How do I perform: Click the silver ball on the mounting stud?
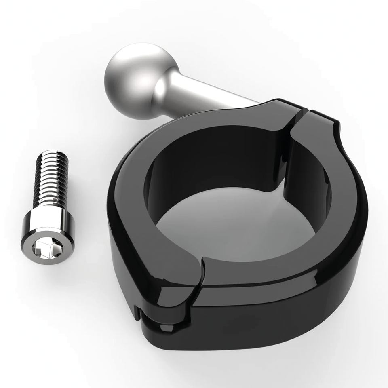(x=132, y=82)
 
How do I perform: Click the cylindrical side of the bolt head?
(x=48, y=227)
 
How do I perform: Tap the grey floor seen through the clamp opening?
(x=226, y=226)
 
